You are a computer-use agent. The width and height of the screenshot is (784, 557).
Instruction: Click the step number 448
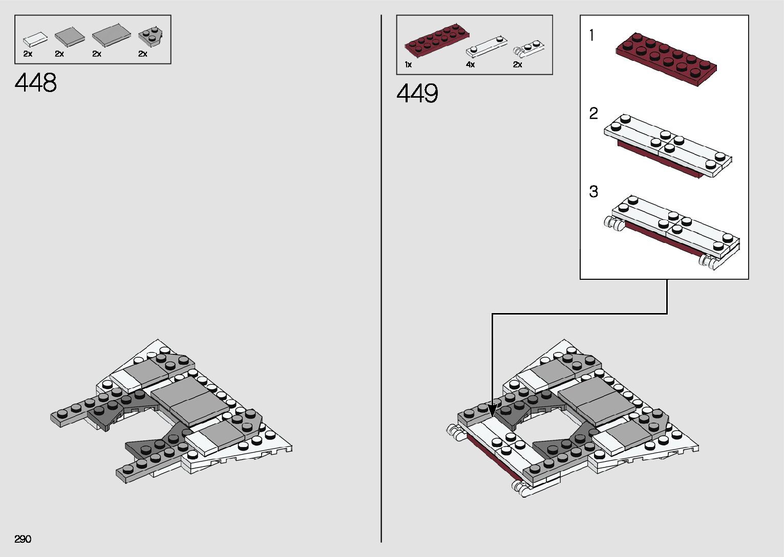[36, 83]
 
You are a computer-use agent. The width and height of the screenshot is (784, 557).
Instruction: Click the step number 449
[417, 94]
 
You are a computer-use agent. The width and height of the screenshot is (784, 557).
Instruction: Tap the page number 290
[23, 539]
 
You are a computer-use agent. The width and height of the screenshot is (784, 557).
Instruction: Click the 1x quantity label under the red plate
[408, 64]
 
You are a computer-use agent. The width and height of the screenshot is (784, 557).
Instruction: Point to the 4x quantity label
[470, 64]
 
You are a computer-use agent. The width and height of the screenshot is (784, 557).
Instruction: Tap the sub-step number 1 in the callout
[592, 35]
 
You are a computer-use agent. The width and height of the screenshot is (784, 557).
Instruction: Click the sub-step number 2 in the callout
[594, 113]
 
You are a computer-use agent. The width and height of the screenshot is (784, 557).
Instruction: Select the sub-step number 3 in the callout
[594, 191]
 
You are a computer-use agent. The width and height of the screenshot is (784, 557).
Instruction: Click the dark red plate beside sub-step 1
[666, 58]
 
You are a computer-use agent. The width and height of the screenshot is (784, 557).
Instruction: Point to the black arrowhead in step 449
[492, 410]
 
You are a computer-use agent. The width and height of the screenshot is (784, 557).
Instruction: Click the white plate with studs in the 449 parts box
[486, 46]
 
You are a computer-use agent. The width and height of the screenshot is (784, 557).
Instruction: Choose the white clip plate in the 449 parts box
[528, 48]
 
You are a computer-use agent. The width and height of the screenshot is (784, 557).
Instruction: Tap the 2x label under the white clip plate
[518, 64]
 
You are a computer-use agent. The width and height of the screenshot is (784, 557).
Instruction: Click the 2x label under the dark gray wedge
[143, 54]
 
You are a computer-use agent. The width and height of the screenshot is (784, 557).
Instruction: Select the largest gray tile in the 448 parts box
[112, 35]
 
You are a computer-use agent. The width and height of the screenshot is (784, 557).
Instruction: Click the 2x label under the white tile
[28, 54]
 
